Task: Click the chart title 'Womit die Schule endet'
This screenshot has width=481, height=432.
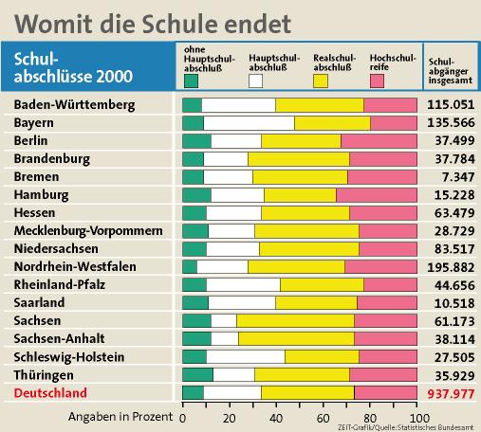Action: coord(153,24)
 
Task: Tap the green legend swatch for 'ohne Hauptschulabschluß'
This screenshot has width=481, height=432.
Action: coord(191,81)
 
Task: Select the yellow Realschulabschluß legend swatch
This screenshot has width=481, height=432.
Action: coord(321,81)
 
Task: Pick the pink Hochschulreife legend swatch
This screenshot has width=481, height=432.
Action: coord(377,81)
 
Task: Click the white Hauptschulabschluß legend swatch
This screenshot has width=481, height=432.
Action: coord(255,81)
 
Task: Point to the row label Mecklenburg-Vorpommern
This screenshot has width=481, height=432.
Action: coord(88,231)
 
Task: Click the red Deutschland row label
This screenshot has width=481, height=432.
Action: coord(50,393)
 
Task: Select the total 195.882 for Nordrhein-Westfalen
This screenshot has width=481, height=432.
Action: coord(451,267)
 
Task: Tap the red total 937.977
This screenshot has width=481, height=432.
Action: coord(451,394)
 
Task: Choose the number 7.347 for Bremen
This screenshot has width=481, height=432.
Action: coord(458,177)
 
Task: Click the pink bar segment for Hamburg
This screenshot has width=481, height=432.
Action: coord(377,195)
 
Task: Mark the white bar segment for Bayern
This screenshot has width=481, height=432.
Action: coord(250,123)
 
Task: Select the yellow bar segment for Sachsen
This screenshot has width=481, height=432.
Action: coord(295,321)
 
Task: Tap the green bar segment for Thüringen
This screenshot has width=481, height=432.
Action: coord(197,375)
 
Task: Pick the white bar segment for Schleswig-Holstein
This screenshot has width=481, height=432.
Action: coord(246,357)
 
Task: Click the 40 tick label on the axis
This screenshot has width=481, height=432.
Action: coord(276,419)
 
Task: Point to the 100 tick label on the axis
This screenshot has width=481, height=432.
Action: coord(419,419)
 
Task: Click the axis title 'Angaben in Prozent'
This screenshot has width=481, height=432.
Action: coord(120,417)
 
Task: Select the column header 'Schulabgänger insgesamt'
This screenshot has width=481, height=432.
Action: coord(451,71)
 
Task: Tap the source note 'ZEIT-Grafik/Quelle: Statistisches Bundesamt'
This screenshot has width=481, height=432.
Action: coord(406,427)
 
